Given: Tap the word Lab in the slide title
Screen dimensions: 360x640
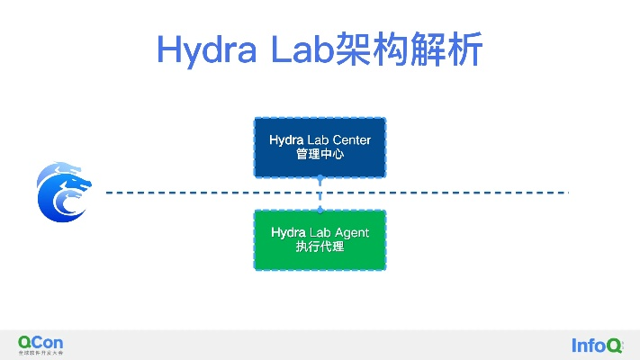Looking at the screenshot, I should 298,49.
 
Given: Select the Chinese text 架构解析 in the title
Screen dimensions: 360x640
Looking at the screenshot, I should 410,49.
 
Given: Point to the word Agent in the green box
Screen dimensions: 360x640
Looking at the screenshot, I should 349,233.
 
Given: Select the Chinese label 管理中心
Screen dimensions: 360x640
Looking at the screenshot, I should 320,155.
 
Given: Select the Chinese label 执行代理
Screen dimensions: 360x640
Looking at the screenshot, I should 320,247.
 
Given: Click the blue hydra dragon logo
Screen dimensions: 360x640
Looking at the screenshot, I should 62,193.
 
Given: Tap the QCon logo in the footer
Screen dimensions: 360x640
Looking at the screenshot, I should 41,343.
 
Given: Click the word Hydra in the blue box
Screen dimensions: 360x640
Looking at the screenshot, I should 286,140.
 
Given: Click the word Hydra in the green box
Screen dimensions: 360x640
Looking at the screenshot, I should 287,233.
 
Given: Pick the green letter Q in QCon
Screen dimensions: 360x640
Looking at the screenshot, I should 25,342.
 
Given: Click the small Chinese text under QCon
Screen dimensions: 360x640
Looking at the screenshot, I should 41,353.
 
